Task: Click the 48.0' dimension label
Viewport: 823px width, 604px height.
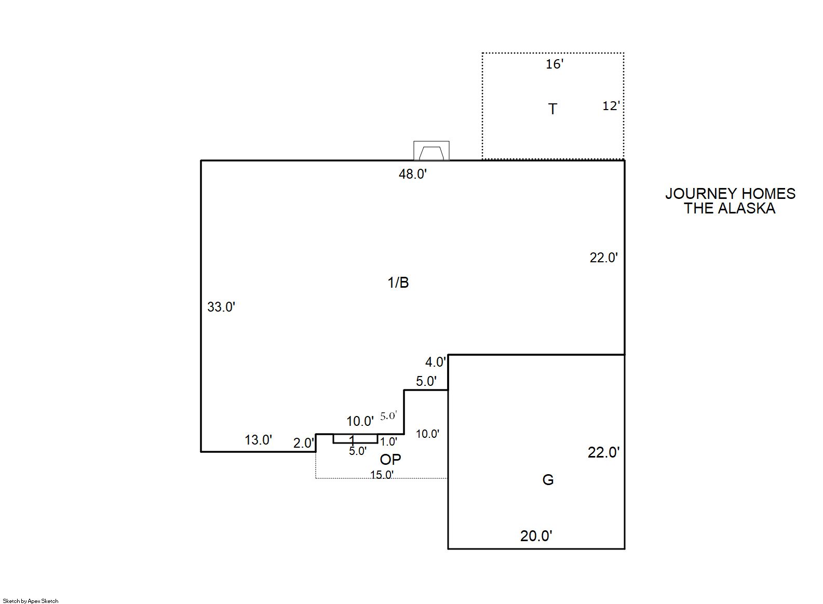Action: pyautogui.click(x=413, y=174)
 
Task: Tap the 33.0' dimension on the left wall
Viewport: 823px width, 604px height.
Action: pyautogui.click(x=221, y=307)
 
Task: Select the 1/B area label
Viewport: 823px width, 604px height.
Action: pyautogui.click(x=398, y=283)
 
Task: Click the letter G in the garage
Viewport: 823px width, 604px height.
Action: pyautogui.click(x=548, y=480)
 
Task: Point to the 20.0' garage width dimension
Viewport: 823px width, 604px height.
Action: pyautogui.click(x=536, y=536)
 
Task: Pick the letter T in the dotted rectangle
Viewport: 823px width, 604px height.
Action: pyautogui.click(x=552, y=109)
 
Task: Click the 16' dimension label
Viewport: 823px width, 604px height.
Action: pyautogui.click(x=555, y=64)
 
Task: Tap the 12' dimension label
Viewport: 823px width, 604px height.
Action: pyautogui.click(x=611, y=106)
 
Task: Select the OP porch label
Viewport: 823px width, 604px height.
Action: pyautogui.click(x=390, y=459)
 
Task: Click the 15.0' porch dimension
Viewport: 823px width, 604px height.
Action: pyautogui.click(x=382, y=475)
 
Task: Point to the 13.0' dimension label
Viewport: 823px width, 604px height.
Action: pyautogui.click(x=258, y=440)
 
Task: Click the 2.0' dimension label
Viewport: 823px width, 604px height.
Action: pyautogui.click(x=304, y=444)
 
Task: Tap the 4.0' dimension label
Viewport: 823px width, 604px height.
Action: pyautogui.click(x=435, y=363)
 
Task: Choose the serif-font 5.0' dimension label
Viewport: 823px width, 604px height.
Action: pyautogui.click(x=389, y=416)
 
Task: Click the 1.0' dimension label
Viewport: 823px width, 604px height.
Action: pyautogui.click(x=388, y=441)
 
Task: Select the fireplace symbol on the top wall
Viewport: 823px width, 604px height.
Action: pyautogui.click(x=431, y=151)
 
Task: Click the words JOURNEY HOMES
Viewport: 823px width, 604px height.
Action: pyautogui.click(x=731, y=194)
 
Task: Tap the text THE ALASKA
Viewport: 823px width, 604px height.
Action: pyautogui.click(x=730, y=208)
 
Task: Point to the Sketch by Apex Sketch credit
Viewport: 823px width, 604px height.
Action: pyautogui.click(x=31, y=601)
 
